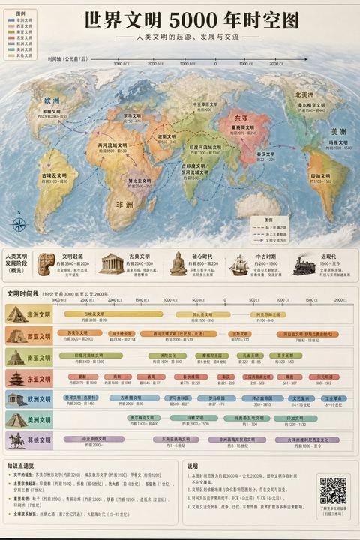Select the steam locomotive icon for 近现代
click(x=304, y=264)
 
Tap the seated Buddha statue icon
click(x=178, y=263)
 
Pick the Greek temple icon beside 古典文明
click(x=111, y=263)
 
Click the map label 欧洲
click(x=52, y=100)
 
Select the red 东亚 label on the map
click(x=241, y=119)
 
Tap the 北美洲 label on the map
click(x=304, y=95)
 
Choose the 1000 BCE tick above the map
click(x=187, y=64)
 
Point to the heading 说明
click(x=193, y=466)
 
